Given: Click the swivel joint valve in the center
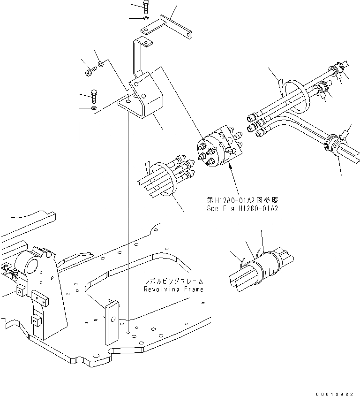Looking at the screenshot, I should point(219,147).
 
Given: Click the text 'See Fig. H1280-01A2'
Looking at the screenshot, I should point(242,208).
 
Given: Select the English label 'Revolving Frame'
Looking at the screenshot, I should point(173,289).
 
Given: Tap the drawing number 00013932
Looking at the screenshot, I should point(337,390).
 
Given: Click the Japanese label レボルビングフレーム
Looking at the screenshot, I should point(173,282).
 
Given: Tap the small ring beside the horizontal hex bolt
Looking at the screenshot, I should point(101,64).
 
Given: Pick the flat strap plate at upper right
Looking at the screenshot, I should point(176,26).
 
